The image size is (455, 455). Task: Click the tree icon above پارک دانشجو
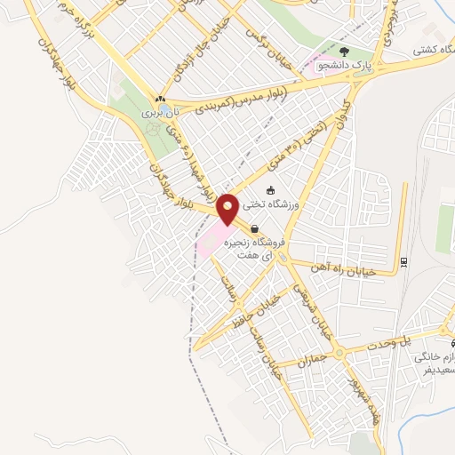tap(345, 51)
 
